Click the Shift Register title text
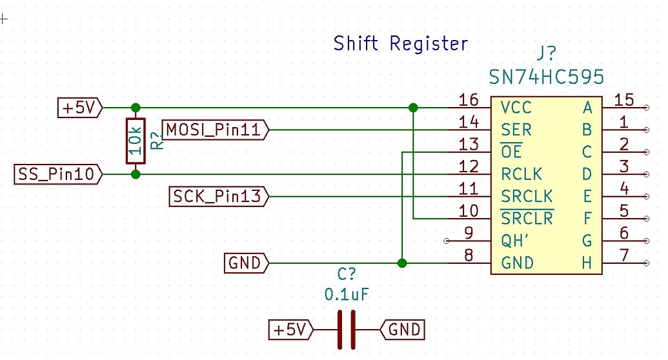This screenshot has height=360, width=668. [400, 44]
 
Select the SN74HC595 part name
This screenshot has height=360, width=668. [547, 77]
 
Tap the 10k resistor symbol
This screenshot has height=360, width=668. [135, 141]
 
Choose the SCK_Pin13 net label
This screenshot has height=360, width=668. [218, 196]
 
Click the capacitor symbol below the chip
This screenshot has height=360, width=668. [346, 330]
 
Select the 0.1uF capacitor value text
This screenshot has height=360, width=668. [347, 295]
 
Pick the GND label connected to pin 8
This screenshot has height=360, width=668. [246, 263]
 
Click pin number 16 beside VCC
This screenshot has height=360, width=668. [468, 100]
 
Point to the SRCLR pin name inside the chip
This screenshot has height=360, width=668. [527, 218]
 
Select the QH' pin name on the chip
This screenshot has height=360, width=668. [516, 241]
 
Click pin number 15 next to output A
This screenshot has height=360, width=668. [624, 100]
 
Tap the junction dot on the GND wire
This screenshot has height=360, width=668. [402, 263]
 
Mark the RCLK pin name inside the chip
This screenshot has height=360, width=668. [521, 174]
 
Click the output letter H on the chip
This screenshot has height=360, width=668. [587, 263]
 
